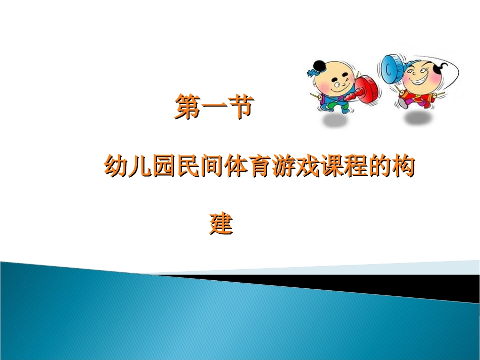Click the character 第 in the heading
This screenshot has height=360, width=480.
[x=187, y=107]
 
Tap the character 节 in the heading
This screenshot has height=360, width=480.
[x=239, y=107]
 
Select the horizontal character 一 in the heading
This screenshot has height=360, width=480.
[x=213, y=107]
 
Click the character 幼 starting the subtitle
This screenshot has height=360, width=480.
[x=116, y=166]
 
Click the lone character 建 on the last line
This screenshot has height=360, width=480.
[x=221, y=224]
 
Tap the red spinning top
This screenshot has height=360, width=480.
[x=367, y=89]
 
